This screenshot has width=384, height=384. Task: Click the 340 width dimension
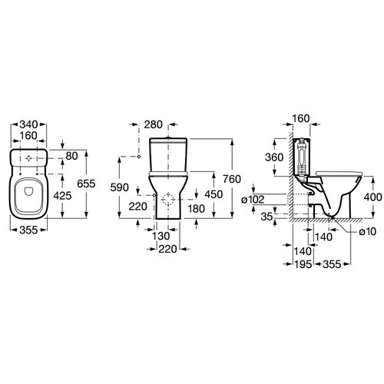28,124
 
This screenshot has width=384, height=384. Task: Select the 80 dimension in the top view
71,156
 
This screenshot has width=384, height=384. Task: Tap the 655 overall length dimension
86,184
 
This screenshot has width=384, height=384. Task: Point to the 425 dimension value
62,196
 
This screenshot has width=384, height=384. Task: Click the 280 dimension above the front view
154,124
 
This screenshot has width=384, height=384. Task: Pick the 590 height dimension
119,187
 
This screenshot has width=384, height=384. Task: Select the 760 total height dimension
232,179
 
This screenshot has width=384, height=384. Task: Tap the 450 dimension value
214,194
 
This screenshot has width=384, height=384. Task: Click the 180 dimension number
197,209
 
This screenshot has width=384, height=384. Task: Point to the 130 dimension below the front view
161,236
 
